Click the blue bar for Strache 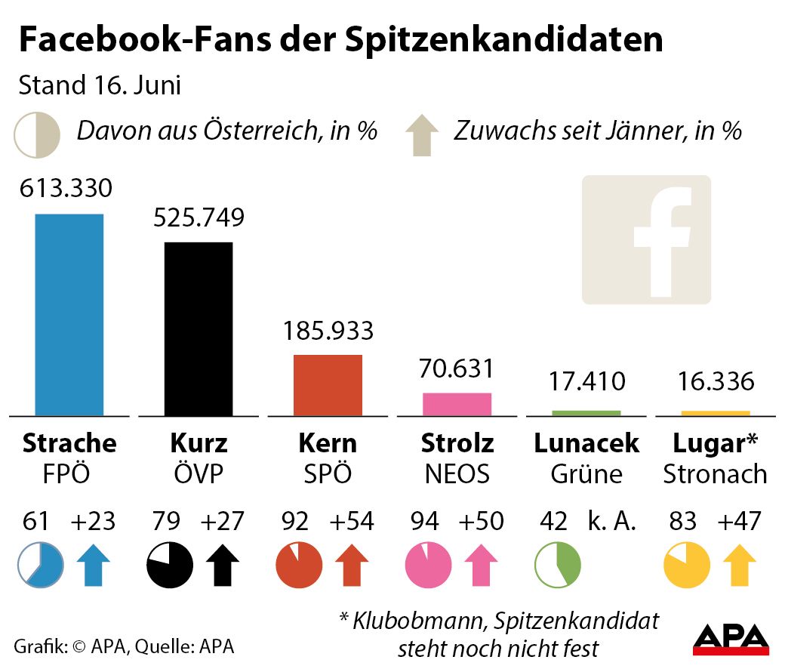pyautogui.click(x=69, y=314)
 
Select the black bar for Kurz pyautogui.click(x=199, y=328)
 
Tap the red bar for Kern pyautogui.click(x=328, y=385)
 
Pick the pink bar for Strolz pyautogui.click(x=457, y=404)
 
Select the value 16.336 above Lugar pyautogui.click(x=715, y=381)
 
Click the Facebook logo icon pyautogui.click(x=646, y=239)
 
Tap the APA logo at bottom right pyautogui.click(x=731, y=639)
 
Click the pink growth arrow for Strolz pyautogui.click(x=479, y=566)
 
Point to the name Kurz pyautogui.click(x=199, y=442)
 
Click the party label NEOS pyautogui.click(x=457, y=473)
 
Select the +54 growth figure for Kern pyautogui.click(x=352, y=521)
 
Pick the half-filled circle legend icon pyautogui.click(x=36, y=134)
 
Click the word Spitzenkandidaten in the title pyautogui.click(x=505, y=40)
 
